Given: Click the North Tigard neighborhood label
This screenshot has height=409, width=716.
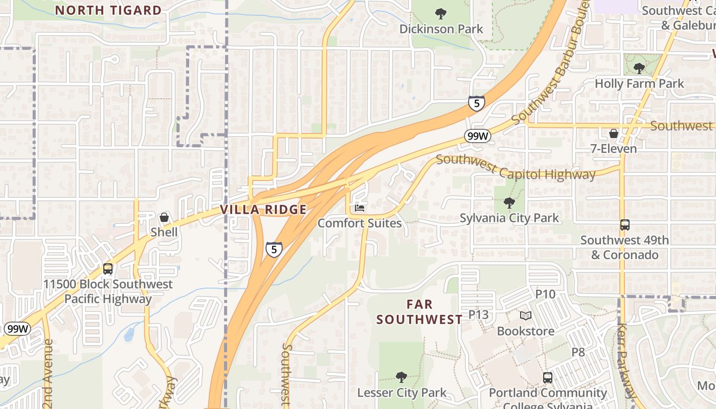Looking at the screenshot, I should point(108,10).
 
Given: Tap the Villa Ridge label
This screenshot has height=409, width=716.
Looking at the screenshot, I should point(263,210).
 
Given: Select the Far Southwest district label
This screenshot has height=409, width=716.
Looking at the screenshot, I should point(419,312).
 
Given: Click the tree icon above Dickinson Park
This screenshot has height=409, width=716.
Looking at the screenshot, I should point(440,14).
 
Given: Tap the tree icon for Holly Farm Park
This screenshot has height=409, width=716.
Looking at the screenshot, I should point(639,68).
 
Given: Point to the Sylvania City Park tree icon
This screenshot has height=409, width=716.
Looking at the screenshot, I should point(509,203).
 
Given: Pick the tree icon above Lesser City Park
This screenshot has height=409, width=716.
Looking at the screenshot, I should point(401,378).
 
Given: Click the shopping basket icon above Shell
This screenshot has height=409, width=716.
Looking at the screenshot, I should point(164,217).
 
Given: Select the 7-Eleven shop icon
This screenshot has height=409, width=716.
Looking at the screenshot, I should point(613,134).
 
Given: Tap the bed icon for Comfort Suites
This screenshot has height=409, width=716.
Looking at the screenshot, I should point(360,208).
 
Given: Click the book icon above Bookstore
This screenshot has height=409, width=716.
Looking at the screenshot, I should point(526,316).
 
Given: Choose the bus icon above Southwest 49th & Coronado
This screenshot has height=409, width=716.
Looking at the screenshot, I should point(624,225).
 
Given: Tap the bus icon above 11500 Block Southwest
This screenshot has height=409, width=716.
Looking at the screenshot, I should point(108,269).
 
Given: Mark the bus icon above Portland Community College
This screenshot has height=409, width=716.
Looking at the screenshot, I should point(548,378).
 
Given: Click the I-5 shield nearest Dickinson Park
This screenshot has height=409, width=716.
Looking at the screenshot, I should point(476,104).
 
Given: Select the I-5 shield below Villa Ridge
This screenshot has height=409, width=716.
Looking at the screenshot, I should point(274,249).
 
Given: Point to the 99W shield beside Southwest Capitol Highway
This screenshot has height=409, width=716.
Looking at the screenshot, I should point(478,137).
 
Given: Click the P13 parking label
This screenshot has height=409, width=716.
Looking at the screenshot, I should point(479,314).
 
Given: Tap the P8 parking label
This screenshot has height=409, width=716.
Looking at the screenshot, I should point(578,352).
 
